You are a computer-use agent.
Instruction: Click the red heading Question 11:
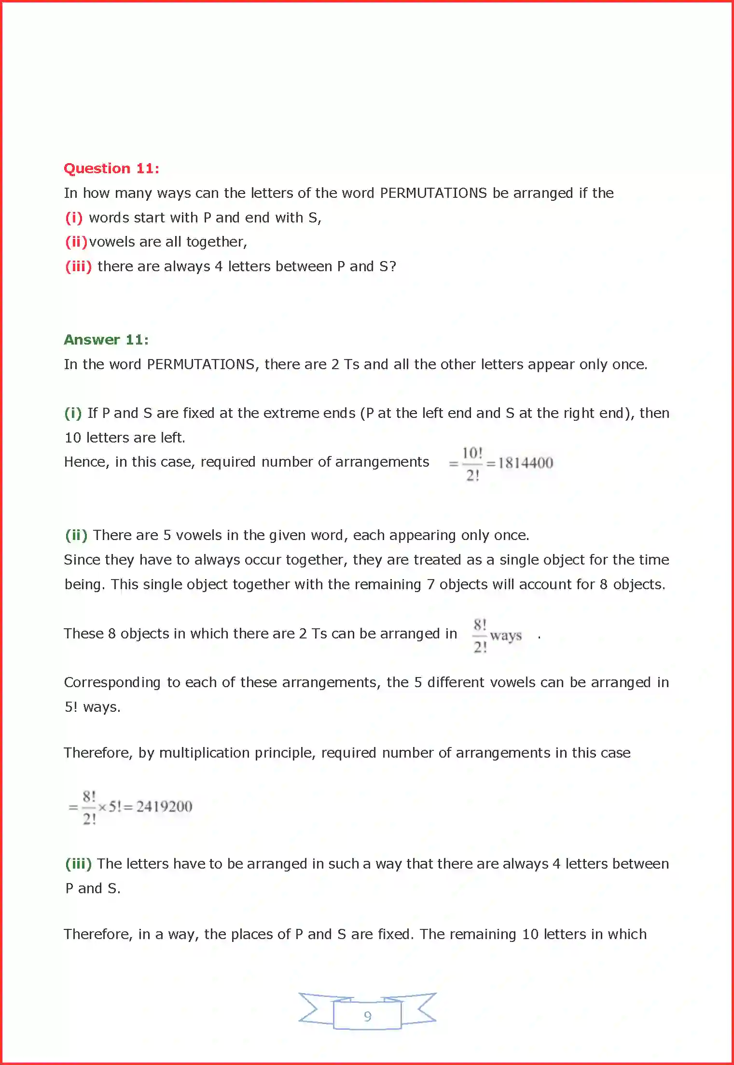pos(111,168)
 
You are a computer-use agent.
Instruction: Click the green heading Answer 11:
pos(106,340)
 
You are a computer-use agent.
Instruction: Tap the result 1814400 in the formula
pos(526,463)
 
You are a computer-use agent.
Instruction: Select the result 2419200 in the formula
pos(164,806)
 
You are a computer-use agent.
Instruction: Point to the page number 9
pos(368,1016)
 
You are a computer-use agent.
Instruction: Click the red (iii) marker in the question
pos(78,266)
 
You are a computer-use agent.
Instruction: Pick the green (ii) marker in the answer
pos(76,535)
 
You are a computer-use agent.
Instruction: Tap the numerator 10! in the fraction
pos(472,453)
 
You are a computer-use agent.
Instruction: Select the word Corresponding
pos(112,683)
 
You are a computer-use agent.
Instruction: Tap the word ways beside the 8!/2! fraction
pos(506,636)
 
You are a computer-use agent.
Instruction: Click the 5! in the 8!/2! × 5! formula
pos(115,806)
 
